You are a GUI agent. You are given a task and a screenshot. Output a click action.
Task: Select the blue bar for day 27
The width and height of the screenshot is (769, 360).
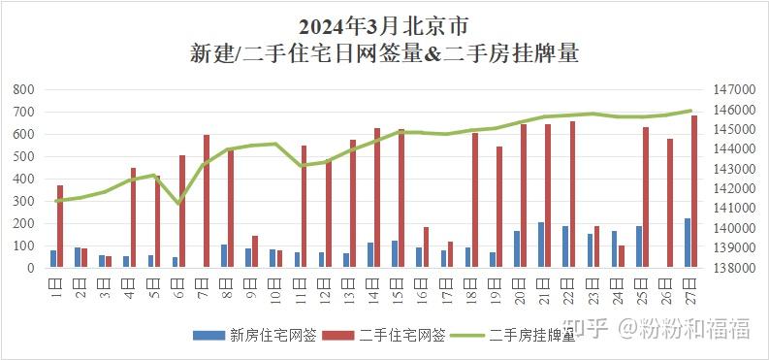tap(688, 243)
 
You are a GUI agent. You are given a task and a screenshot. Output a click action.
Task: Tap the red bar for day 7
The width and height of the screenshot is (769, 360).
tap(207, 201)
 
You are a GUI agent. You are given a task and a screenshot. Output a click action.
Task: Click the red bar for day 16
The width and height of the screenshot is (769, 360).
tap(426, 247)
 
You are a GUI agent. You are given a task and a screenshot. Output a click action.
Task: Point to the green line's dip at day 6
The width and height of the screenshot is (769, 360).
tap(178, 203)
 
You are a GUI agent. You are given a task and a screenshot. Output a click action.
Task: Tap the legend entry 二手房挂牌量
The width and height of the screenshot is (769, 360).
tap(533, 337)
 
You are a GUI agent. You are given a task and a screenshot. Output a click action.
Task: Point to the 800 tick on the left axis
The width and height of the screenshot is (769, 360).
tap(24, 89)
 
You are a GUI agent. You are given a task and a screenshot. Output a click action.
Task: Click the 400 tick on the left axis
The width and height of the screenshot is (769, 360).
tap(24, 179)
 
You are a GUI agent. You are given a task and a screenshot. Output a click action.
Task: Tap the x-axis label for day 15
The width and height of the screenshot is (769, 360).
tap(398, 288)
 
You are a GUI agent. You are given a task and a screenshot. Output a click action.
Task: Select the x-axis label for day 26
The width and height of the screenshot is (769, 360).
tap(666, 288)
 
